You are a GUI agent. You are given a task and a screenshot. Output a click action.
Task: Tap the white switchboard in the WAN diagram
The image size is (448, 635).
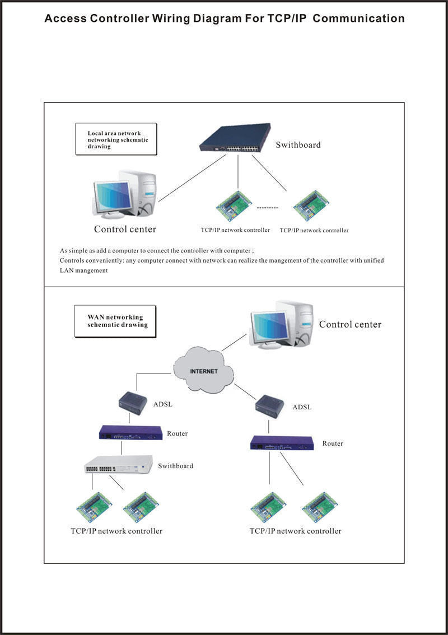point(118,465)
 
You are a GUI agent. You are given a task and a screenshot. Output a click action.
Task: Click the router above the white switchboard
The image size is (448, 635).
point(130,433)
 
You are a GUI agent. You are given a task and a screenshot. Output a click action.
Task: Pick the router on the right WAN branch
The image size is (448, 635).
point(282,443)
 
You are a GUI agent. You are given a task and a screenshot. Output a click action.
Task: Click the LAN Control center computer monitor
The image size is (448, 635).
point(114,198)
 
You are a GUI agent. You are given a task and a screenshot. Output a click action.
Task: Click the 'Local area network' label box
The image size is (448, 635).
point(116,139)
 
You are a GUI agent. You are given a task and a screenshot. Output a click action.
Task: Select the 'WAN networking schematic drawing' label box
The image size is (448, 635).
point(115,321)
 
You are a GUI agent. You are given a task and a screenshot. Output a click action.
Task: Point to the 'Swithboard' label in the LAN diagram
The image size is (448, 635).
point(298,145)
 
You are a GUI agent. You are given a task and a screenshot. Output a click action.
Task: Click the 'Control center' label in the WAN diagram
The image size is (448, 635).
point(350,324)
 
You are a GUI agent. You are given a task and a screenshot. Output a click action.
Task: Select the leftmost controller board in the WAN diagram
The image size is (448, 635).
point(94,506)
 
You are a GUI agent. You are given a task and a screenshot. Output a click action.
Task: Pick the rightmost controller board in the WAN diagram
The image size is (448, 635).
point(319,507)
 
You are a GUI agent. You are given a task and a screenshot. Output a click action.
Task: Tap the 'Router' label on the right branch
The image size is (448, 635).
point(333,443)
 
